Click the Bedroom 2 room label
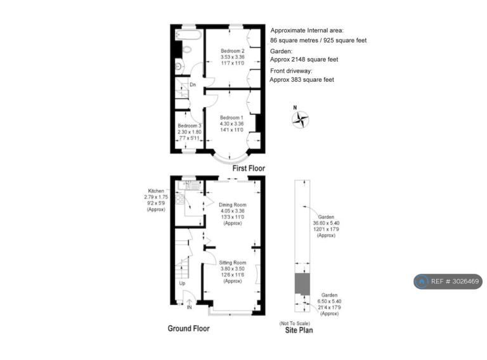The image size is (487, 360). [x=233, y=51]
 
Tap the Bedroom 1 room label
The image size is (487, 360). [x=231, y=118]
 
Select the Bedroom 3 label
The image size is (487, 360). [x=190, y=125]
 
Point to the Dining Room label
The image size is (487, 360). [x=233, y=205]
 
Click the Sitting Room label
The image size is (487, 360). [x=233, y=262]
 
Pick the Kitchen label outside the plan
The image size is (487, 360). [x=156, y=191]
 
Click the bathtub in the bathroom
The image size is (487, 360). [x=188, y=34]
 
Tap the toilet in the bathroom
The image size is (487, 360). [x=186, y=49]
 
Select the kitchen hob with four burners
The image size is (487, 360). [x=180, y=199]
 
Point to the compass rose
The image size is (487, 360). [x=301, y=120]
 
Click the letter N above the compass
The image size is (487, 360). [x=295, y=108]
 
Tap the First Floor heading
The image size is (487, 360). [x=249, y=168]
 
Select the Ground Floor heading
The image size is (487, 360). [x=188, y=328]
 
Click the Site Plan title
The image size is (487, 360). [x=299, y=330]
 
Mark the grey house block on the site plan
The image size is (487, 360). [x=302, y=284]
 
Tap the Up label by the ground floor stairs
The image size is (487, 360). [x=183, y=283]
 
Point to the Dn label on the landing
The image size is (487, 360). [x=193, y=84]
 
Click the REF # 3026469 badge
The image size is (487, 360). [x=448, y=281]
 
